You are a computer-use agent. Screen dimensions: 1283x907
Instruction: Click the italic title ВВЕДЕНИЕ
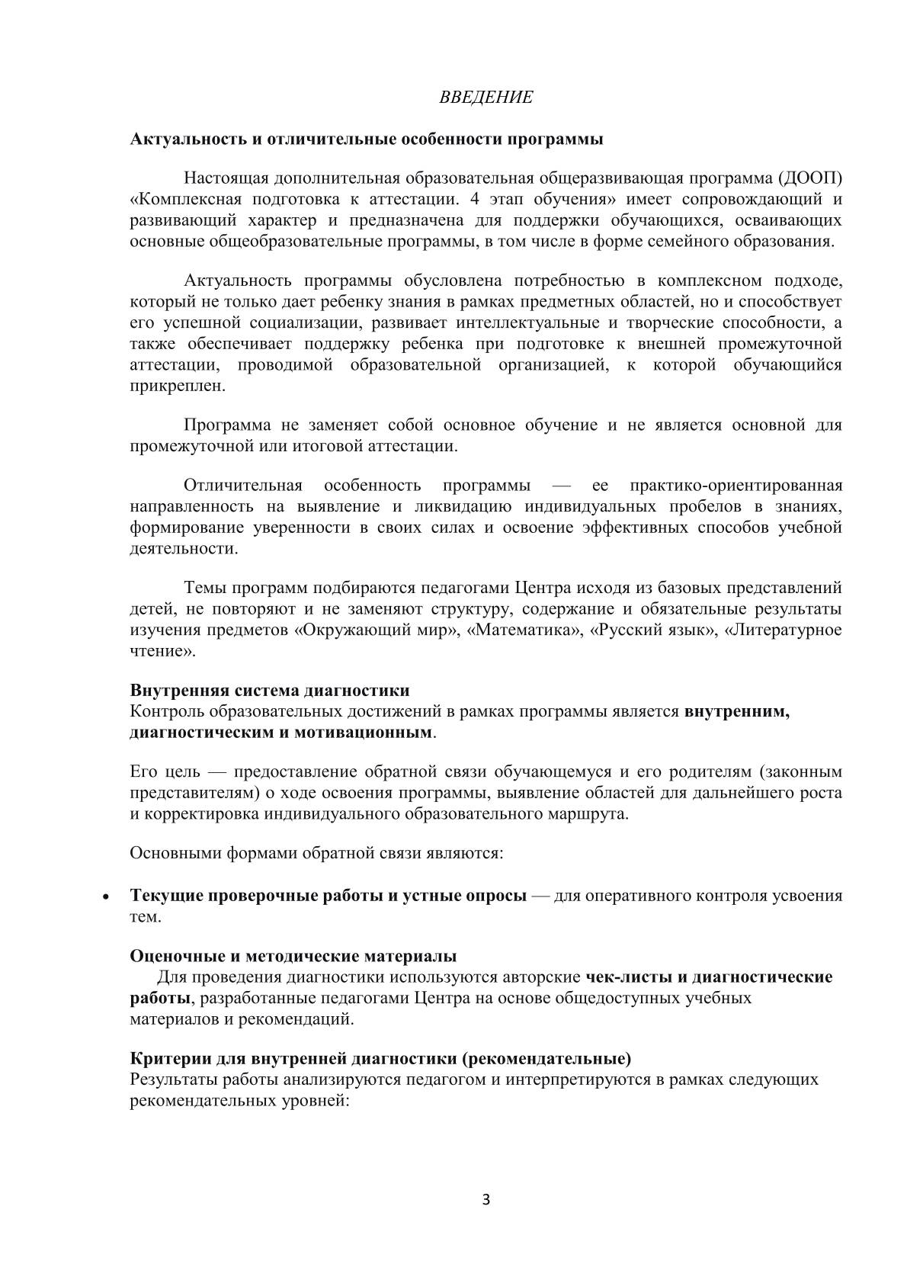tap(486, 98)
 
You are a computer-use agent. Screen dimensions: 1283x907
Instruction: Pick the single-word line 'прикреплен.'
tap(178, 386)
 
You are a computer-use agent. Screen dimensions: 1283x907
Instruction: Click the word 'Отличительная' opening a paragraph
tap(243, 486)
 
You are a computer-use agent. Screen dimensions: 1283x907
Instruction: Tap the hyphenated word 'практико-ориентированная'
tap(736, 486)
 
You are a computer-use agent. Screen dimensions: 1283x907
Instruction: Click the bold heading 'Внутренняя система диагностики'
tap(270, 691)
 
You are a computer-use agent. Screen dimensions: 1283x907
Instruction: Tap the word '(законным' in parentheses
tap(803, 771)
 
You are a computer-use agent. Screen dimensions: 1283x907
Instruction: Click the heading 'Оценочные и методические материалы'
tap(293, 956)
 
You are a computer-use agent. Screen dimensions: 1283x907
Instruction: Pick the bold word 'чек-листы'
tap(623, 977)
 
